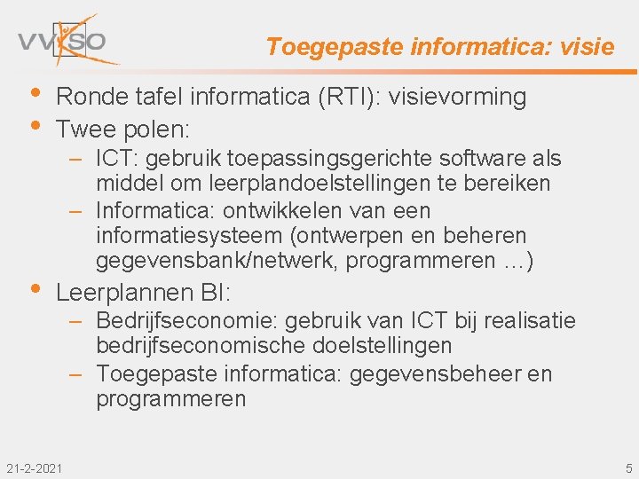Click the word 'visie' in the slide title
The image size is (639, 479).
(x=587, y=47)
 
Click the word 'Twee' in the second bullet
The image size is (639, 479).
(x=84, y=130)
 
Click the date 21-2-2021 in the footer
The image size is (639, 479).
(x=34, y=467)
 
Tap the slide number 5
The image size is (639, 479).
(x=628, y=467)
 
